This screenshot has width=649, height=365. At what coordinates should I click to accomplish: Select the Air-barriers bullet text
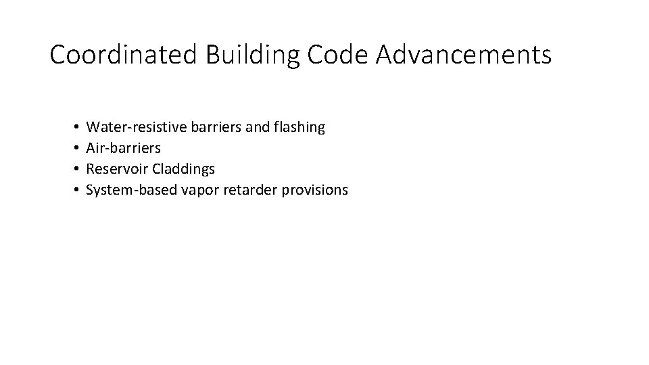pyautogui.click(x=124, y=147)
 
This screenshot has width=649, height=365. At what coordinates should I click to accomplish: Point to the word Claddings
pyautogui.click(x=183, y=169)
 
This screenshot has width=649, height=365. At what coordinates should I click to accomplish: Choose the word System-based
pyautogui.click(x=132, y=190)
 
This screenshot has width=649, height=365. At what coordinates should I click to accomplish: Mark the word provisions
pyautogui.click(x=314, y=191)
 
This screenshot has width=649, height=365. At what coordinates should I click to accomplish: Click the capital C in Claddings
pyautogui.click(x=157, y=169)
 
